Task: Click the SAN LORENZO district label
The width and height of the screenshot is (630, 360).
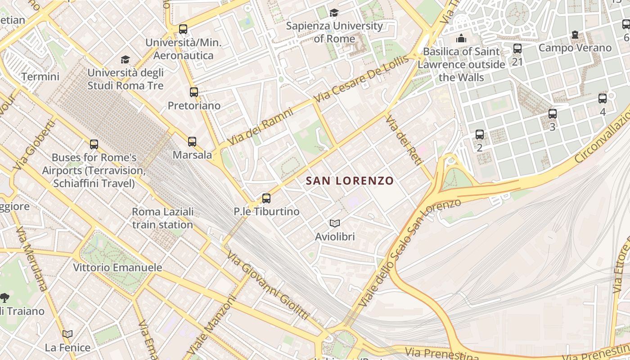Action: coord(350,181)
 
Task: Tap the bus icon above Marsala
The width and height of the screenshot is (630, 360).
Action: coord(192,142)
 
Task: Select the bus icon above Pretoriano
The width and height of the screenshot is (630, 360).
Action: coord(194,92)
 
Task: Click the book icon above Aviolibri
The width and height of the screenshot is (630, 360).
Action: coord(335,223)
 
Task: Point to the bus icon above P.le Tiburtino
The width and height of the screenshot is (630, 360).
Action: coord(266,198)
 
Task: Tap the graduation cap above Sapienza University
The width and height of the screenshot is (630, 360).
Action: coord(334,13)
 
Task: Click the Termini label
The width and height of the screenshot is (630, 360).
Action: coord(40,76)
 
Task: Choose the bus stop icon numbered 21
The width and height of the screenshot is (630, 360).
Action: coord(517,49)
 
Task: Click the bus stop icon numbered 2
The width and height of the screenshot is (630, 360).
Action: coord(480,135)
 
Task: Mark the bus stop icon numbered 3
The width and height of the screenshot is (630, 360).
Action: coord(553,114)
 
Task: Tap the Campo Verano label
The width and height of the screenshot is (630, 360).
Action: coord(575,48)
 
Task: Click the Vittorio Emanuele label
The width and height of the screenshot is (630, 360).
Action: coord(117,268)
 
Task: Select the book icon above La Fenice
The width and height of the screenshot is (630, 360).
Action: coord(67,334)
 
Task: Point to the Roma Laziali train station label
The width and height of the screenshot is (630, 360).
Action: coord(162,218)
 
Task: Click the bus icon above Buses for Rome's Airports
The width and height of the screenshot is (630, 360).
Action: coord(94,144)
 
